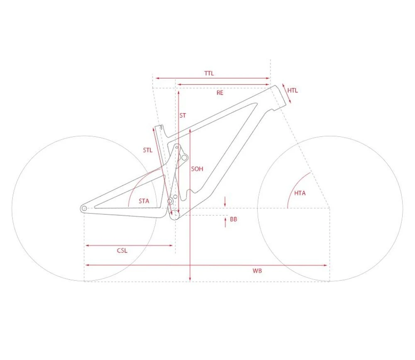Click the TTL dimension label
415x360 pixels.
coord(209,73)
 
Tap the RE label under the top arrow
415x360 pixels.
coord(220,92)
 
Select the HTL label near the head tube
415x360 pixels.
coord(293,90)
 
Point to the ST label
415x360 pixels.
coord(183,115)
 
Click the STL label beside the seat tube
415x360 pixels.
coord(148,150)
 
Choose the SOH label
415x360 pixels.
coord(197,169)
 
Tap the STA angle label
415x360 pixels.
coord(144,201)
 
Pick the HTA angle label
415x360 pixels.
coord(300,193)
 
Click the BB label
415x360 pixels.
coord(233,219)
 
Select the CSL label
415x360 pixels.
coord(122,250)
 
